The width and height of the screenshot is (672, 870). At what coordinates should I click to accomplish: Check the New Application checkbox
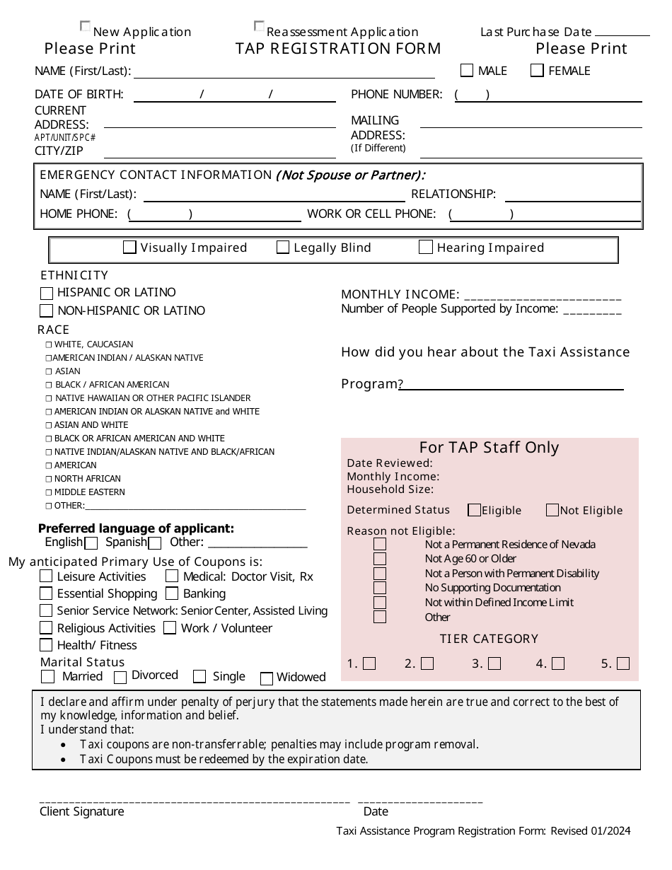[x=86, y=27]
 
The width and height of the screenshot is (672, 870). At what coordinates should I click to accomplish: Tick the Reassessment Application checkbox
[x=259, y=27]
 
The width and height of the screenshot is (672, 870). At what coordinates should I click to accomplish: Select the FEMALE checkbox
[x=538, y=70]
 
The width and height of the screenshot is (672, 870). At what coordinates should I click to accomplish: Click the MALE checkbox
[x=467, y=70]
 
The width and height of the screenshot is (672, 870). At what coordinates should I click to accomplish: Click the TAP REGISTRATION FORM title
[x=338, y=49]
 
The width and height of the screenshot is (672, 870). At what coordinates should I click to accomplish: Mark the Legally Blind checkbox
[x=283, y=247]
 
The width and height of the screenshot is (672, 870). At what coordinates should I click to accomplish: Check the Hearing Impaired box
[x=426, y=247]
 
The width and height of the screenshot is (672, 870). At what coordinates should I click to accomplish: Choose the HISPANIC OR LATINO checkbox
[x=47, y=293]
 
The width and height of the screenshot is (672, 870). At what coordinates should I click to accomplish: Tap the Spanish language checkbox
[x=155, y=543]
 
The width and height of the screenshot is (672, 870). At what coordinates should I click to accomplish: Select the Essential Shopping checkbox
[x=46, y=593]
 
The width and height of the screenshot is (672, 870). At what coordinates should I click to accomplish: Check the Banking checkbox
[x=172, y=593]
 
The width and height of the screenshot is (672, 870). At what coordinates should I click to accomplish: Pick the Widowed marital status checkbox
[x=267, y=679]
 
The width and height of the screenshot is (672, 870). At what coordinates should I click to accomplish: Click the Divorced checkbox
[x=121, y=678]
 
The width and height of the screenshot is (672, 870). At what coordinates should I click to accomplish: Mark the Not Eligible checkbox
[x=552, y=510]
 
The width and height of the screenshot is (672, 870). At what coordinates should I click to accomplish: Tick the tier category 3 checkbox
[x=494, y=663]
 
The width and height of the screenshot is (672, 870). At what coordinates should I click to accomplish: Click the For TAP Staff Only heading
[x=489, y=447]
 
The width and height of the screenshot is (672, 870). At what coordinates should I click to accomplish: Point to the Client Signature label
[x=81, y=812]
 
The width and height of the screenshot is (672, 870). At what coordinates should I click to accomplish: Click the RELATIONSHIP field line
[x=572, y=200]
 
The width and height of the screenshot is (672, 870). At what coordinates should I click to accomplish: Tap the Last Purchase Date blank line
[x=622, y=33]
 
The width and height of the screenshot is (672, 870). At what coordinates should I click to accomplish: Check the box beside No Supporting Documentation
[x=380, y=588]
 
